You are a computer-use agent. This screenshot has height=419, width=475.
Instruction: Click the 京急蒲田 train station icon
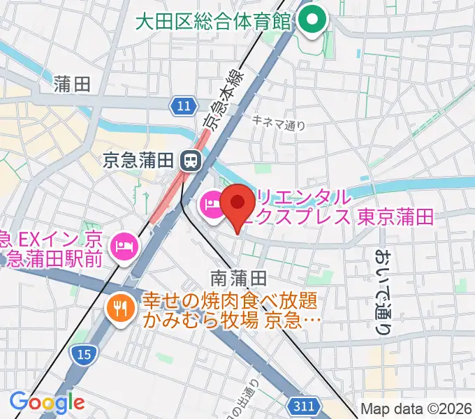click(x=189, y=161)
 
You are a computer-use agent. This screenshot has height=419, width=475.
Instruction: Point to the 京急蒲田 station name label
click(x=137, y=161)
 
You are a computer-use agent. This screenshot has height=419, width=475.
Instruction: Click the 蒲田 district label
click(x=72, y=85)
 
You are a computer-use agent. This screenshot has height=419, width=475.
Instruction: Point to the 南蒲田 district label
click(x=238, y=277)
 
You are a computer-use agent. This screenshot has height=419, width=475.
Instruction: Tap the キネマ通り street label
click(x=279, y=122)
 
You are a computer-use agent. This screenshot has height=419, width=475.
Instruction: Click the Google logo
click(x=46, y=402)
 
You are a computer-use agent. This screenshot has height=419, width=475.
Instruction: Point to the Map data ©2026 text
click(x=416, y=409)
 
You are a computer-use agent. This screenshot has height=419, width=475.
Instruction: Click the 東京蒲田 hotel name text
click(x=395, y=216)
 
